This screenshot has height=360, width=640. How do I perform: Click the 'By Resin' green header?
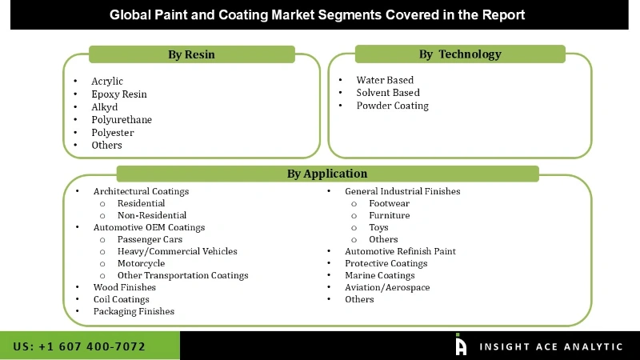pyautogui.click(x=191, y=54)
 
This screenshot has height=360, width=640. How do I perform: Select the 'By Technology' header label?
pyautogui.click(x=460, y=54)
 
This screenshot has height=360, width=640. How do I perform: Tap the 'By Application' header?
pyautogui.click(x=327, y=174)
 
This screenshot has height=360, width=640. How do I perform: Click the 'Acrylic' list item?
pyautogui.click(x=107, y=82)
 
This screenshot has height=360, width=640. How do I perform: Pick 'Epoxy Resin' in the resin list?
pyautogui.click(x=119, y=94)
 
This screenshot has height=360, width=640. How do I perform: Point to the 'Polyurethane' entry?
pyautogui.click(x=122, y=120)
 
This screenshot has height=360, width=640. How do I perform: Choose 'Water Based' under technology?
pyautogui.click(x=386, y=80)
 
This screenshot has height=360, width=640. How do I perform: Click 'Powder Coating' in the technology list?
pyautogui.click(x=393, y=106)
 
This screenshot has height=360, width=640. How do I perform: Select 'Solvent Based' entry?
pyautogui.click(x=388, y=93)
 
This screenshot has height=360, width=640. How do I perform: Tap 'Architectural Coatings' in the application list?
pyautogui.click(x=141, y=191)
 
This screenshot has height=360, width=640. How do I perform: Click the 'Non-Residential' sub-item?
pyautogui.click(x=152, y=215)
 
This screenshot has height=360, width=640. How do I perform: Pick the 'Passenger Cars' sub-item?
pyautogui.click(x=150, y=239)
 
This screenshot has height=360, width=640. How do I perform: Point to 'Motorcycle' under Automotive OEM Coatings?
pyautogui.click(x=141, y=263)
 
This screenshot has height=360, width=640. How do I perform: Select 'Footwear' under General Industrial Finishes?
pyautogui.click(x=389, y=203)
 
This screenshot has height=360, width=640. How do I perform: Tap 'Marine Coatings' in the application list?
pyautogui.click(x=380, y=275)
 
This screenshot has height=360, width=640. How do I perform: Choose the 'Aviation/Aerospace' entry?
pyautogui.click(x=387, y=287)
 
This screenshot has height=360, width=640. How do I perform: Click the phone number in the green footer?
pyautogui.click(x=79, y=346)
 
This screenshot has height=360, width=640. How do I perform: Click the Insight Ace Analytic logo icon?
pyautogui.click(x=461, y=345)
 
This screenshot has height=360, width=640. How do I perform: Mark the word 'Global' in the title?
pyautogui.click(x=130, y=14)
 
